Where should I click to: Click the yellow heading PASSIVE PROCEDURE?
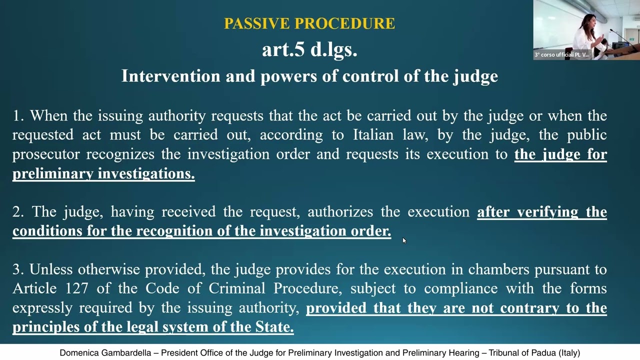[309, 23]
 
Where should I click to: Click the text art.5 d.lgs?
[309, 49]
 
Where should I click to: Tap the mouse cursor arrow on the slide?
[404, 240]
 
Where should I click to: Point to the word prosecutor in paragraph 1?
[46, 154]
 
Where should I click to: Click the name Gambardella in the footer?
[126, 353]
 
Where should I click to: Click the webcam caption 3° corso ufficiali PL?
[561, 54]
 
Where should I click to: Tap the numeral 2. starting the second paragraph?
[18, 212]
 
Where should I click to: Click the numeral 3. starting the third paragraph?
[18, 269]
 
